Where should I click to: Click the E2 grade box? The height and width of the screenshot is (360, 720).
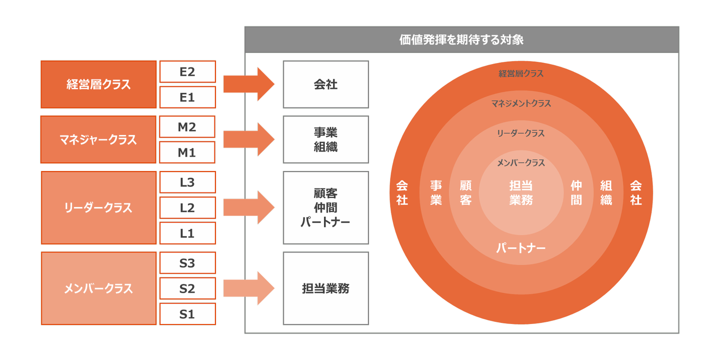pyautogui.click(x=187, y=72)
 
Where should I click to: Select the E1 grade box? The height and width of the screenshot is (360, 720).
pyautogui.click(x=187, y=97)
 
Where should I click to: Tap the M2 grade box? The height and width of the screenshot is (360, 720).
pyautogui.click(x=187, y=127)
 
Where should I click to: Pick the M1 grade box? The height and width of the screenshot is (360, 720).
pyautogui.click(x=187, y=152)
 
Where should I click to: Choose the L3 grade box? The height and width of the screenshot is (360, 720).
pyautogui.click(x=187, y=182)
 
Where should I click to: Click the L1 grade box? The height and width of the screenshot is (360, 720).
pyautogui.click(x=187, y=233)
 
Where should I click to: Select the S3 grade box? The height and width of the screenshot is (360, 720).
pyautogui.click(x=187, y=263)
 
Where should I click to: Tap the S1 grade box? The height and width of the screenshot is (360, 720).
pyautogui.click(x=187, y=314)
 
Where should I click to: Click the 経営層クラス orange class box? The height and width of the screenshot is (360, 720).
pyautogui.click(x=98, y=84)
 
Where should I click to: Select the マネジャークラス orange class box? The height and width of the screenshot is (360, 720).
pyautogui.click(x=98, y=140)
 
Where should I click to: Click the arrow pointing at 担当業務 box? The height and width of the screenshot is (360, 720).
pyautogui.click(x=248, y=288)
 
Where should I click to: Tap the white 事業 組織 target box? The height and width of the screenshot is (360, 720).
pyautogui.click(x=326, y=139)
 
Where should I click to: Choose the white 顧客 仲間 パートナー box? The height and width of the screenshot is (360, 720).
pyautogui.click(x=326, y=207)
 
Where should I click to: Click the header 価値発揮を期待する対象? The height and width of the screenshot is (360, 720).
pyautogui.click(x=461, y=40)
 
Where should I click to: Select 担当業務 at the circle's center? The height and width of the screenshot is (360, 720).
pyautogui.click(x=521, y=193)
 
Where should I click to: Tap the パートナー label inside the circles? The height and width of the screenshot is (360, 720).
pyautogui.click(x=521, y=248)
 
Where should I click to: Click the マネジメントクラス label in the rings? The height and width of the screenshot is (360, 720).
pyautogui.click(x=521, y=103)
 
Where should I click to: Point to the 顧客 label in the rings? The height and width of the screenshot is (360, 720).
pyautogui.click(x=465, y=193)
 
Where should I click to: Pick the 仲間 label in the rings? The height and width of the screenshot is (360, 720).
pyautogui.click(x=576, y=193)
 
